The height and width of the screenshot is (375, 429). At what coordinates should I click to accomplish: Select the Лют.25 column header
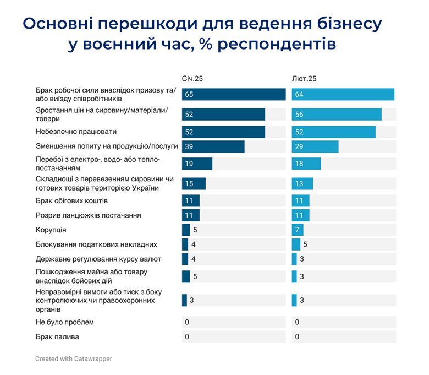304,79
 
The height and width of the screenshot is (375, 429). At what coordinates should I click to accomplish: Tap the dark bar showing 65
234,94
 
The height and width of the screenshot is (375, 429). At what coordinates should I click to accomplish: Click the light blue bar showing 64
343,94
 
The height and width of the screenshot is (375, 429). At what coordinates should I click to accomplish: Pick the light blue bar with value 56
337,115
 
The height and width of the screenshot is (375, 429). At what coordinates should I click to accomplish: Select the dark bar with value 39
213,146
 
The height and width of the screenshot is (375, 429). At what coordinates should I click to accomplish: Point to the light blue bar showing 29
315,146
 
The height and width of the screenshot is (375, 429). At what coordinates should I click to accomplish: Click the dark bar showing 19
197,164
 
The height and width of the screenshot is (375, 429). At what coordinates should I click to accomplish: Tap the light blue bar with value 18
306,164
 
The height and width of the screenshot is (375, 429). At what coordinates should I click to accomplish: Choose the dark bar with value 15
194,183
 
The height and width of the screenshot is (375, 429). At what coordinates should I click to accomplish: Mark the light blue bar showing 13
302,183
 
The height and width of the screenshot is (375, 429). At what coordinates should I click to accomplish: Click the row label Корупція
51,230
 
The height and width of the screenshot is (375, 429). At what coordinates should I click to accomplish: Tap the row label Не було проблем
65,322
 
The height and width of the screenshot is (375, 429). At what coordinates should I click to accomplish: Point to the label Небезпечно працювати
76,132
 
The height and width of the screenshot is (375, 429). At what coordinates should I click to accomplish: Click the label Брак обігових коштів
72,200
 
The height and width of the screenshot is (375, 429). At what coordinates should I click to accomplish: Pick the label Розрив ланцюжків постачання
89,215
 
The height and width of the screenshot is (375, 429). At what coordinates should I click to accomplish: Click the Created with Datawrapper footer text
74,358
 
